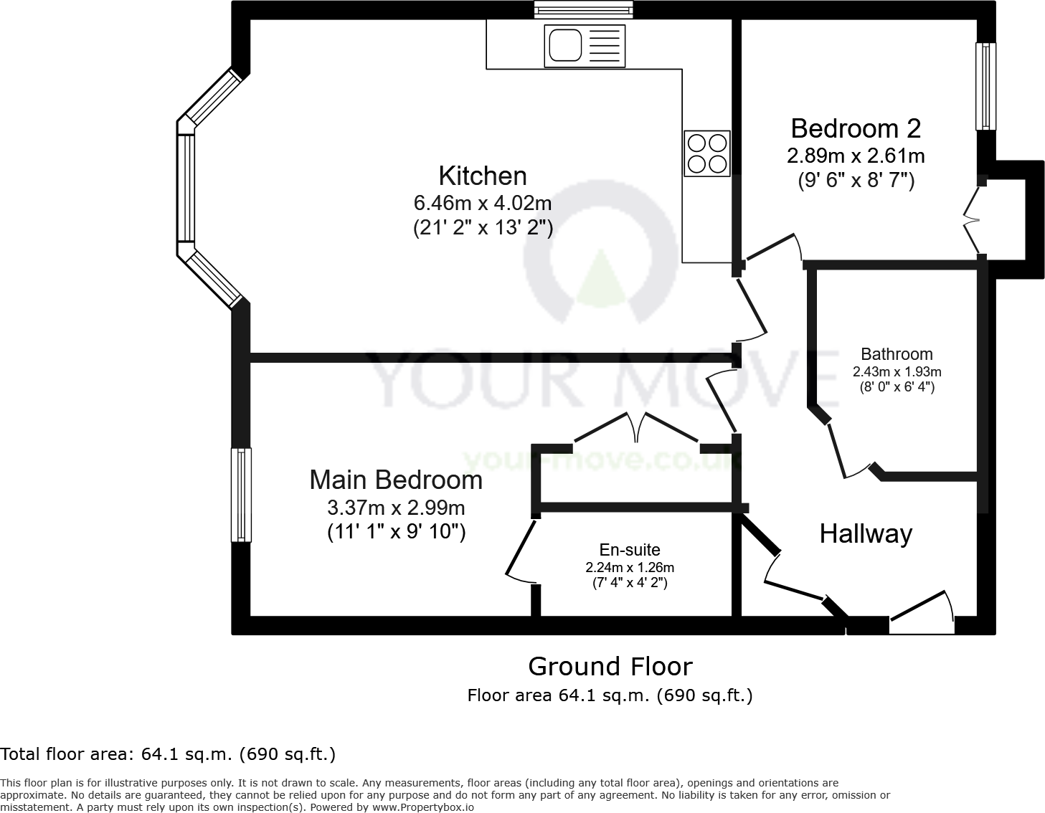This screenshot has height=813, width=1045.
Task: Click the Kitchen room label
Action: [483, 176]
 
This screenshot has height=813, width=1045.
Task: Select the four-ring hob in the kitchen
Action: [707, 153]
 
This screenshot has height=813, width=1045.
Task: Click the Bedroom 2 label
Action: [856, 129]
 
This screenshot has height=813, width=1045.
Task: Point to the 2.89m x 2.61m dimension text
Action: [856, 156]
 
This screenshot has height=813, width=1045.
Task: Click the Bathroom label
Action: [897, 354]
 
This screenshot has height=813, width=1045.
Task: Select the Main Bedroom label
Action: [396, 480]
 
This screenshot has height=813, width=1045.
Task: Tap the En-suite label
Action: [630, 550]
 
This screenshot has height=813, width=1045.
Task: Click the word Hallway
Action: [866, 534]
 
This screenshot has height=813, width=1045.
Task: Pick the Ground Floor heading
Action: [610, 667]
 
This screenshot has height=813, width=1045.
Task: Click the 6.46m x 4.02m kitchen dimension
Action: [483, 204]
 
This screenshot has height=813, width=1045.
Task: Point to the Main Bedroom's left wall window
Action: [241, 495]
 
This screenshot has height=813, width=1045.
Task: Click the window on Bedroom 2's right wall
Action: [986, 86]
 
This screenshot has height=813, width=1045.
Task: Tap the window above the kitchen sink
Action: [584, 9]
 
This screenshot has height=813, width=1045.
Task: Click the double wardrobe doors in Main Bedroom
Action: [637, 429]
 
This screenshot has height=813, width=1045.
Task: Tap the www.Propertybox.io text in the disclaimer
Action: [422, 807]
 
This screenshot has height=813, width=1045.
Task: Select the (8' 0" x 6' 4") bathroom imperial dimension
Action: [897, 387]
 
